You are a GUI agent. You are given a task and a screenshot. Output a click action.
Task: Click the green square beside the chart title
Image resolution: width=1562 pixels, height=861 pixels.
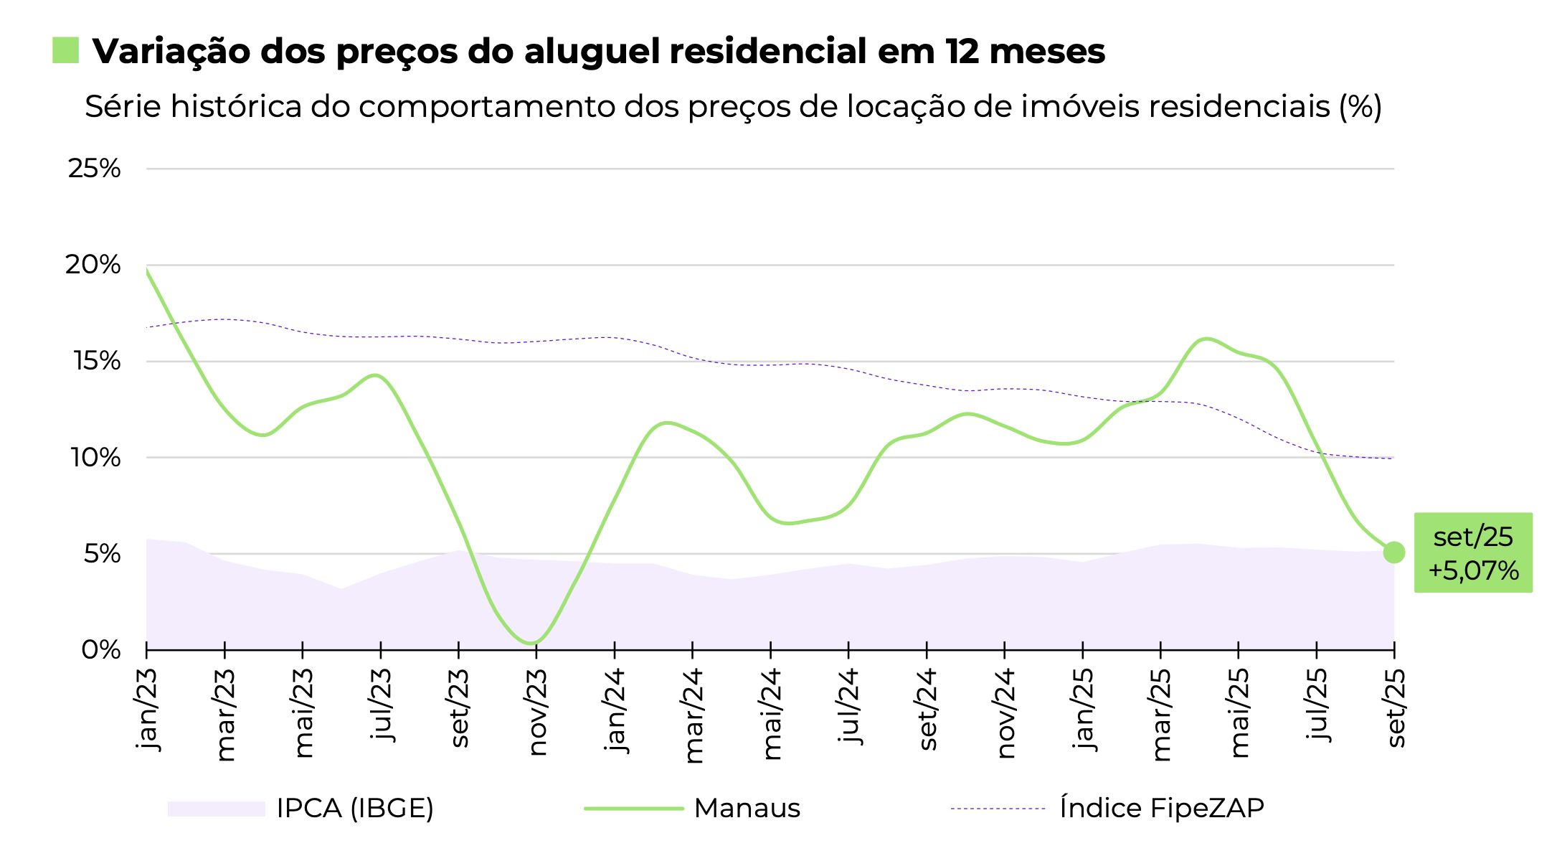point(65,50)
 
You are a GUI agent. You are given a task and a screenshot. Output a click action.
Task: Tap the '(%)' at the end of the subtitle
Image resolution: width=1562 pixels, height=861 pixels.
point(1360,107)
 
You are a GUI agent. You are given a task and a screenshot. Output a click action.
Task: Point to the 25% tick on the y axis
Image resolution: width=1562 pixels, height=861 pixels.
point(95,169)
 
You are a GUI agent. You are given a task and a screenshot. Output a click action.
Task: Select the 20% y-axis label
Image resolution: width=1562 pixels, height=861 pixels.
point(93,265)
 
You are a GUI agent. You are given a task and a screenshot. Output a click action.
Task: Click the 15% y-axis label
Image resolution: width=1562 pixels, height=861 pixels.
point(97,361)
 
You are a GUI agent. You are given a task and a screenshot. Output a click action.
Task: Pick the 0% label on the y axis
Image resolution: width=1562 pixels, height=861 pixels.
point(101,650)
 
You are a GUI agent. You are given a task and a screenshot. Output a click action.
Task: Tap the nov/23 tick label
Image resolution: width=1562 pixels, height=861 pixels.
point(537,712)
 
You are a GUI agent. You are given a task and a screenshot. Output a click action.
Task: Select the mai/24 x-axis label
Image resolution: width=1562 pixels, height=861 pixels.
point(772,714)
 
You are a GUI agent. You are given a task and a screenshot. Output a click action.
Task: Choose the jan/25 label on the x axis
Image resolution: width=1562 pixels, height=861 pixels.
point(1083,709)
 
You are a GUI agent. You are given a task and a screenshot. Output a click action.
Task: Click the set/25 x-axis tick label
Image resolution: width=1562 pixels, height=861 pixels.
point(1396,708)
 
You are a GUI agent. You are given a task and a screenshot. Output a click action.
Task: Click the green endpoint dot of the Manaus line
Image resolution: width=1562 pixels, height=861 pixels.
point(1393,552)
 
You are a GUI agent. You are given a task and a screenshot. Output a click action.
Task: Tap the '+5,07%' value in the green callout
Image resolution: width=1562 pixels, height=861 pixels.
point(1474,571)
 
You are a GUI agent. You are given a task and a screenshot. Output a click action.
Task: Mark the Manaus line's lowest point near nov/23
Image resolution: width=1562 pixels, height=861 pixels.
point(532,642)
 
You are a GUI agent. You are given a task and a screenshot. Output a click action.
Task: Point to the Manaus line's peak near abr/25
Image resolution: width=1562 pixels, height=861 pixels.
point(1206,339)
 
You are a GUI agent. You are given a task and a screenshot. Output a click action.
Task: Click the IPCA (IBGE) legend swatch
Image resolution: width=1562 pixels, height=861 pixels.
point(216,809)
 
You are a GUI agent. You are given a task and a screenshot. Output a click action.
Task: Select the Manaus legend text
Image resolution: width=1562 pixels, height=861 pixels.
point(747,809)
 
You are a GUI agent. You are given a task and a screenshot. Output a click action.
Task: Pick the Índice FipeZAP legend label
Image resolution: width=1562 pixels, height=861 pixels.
point(1162,809)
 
